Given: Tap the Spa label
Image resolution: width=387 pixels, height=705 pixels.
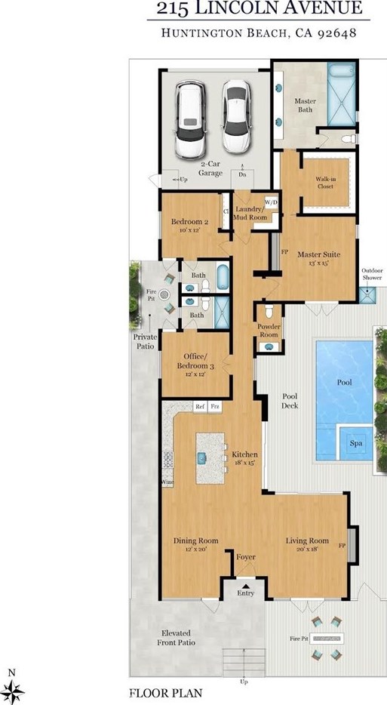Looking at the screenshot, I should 356,443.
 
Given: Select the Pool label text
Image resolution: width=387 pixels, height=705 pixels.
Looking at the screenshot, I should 344,382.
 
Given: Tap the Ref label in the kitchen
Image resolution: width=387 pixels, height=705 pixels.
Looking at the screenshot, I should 200,407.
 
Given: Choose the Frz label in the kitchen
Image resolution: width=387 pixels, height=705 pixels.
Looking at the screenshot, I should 215,407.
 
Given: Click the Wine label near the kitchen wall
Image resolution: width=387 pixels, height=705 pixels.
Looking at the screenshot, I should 167,481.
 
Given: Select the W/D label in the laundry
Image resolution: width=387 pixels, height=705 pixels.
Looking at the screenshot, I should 269,202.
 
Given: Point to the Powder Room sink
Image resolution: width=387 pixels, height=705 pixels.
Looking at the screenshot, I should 268,346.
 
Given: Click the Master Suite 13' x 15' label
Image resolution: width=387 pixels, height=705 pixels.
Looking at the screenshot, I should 318,259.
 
